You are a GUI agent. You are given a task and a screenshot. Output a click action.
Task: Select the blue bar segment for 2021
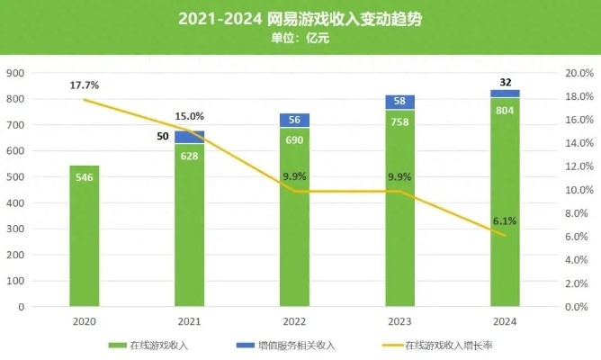189,137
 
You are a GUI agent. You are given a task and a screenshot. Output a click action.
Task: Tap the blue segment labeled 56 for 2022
294,121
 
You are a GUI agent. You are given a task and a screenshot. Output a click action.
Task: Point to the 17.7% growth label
85,85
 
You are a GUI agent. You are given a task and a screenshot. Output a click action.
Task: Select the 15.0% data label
189,116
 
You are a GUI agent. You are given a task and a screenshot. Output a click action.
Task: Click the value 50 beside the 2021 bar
162,137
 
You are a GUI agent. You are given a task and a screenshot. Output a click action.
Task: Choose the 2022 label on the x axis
294,320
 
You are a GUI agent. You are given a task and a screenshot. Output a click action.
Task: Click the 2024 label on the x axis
505,320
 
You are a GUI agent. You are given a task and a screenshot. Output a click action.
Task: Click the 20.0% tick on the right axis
576,73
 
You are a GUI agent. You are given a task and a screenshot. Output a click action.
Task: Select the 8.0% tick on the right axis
576,213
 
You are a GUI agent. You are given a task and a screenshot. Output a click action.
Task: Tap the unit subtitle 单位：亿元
300,38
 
